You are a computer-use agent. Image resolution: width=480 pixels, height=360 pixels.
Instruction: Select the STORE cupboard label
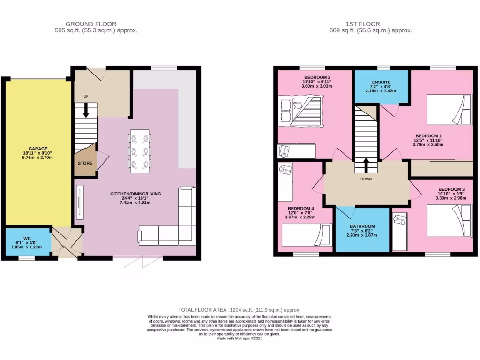point(85,164)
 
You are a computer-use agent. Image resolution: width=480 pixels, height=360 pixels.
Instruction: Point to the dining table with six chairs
point(140,151)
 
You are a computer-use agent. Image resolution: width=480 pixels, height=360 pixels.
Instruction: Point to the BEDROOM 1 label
point(427,136)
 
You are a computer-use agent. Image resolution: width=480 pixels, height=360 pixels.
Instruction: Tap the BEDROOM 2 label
point(317,77)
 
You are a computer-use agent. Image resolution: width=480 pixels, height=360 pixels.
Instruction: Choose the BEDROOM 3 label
point(451,189)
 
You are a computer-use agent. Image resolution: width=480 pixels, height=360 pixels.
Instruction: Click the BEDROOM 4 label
point(301,208)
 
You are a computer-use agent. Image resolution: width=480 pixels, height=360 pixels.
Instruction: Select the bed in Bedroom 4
point(306,234)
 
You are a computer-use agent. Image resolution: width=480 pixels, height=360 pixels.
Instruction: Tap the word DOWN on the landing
point(366,179)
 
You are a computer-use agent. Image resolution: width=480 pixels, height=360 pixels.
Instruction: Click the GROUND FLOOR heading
point(91,24)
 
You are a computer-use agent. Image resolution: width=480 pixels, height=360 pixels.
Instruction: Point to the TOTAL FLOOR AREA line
point(239,310)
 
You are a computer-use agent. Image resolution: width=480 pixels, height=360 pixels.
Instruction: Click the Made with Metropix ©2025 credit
point(240,338)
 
